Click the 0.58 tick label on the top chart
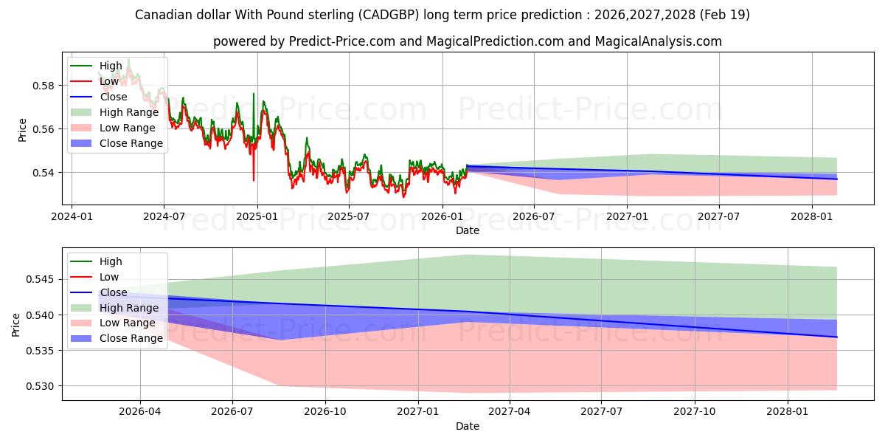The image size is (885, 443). [x=43, y=86]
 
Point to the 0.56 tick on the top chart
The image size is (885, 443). [x=43, y=129]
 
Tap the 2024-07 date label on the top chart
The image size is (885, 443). [x=164, y=217]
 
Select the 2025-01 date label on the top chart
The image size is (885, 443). [x=257, y=217]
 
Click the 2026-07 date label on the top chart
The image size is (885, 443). [x=534, y=217]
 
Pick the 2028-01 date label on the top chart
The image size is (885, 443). [x=812, y=217]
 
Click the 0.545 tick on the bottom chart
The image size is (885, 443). [x=40, y=280]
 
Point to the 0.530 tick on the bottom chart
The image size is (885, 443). [x=40, y=386]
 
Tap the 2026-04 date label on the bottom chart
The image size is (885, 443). [x=140, y=412]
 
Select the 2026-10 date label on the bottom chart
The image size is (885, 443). [x=325, y=412]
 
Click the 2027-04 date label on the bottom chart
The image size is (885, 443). [x=510, y=412]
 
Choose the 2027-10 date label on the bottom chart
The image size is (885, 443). [x=695, y=412]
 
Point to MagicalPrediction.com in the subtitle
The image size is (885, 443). [x=495, y=41]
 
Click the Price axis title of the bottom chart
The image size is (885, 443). [x=15, y=325]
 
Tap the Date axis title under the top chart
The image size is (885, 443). [x=468, y=230]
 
